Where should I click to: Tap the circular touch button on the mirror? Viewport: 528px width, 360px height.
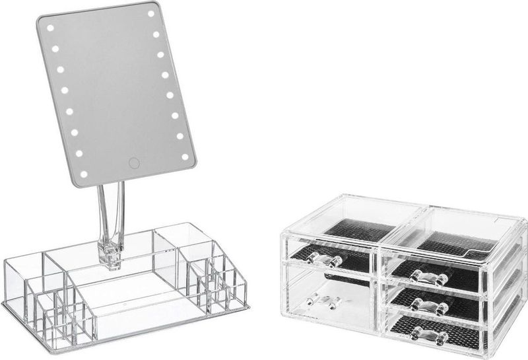point(134,162)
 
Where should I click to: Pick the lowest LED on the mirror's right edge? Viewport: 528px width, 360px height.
point(185,157)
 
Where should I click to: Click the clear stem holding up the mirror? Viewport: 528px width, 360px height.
point(111,211)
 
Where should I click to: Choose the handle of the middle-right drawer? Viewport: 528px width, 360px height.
point(429,306)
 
